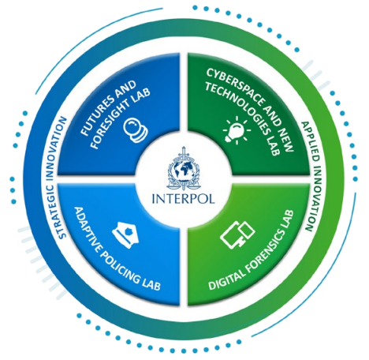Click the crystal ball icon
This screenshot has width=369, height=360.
(136, 130)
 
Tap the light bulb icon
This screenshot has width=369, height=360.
(237, 129)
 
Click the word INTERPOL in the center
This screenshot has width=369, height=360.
(184, 199)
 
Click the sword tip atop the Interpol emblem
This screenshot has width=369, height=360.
(184, 147)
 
